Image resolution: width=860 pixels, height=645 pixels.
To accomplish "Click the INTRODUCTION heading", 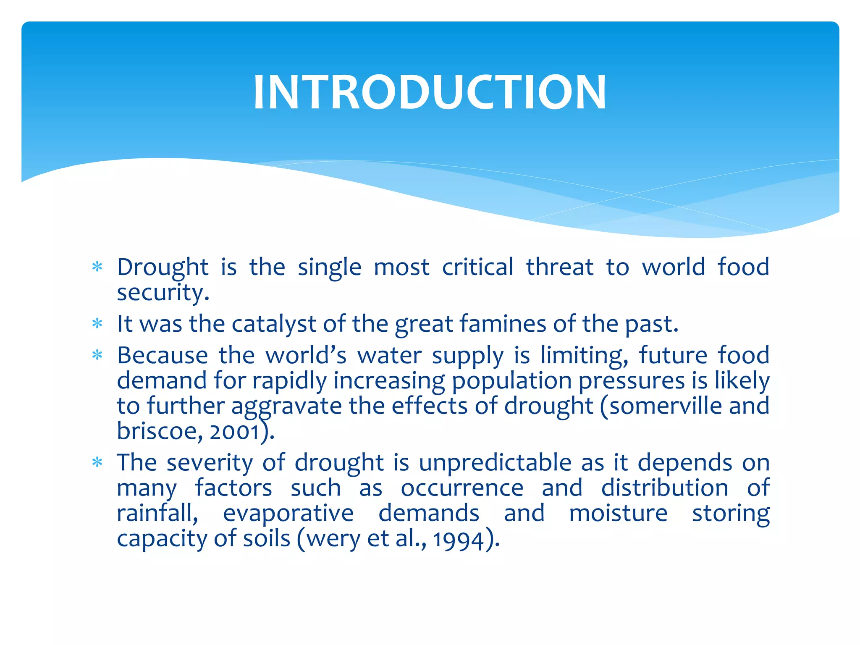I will [x=430, y=92].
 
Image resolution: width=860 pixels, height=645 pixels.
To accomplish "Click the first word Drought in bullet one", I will [x=163, y=267].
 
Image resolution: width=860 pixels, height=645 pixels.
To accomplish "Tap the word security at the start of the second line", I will [x=163, y=293].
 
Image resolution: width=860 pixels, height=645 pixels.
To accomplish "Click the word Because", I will [x=162, y=355].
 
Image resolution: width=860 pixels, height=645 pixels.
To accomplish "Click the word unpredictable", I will [x=495, y=463].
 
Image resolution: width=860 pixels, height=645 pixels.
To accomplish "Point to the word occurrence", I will [x=462, y=488].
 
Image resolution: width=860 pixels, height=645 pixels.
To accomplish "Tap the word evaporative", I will [x=288, y=514].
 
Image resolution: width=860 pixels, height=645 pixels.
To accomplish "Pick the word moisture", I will [x=618, y=513].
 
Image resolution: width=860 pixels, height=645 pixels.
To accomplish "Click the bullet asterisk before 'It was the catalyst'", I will [x=97, y=324].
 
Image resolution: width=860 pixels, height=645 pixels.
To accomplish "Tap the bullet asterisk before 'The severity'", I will [x=97, y=462].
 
